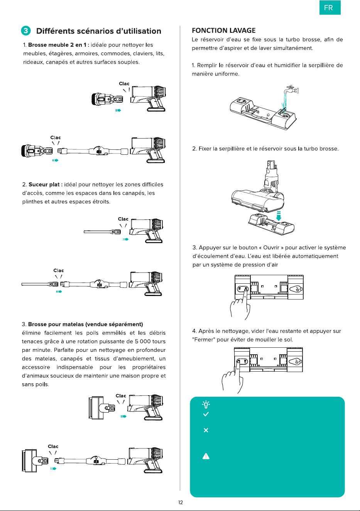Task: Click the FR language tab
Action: tap(330, 8)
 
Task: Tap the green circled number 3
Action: tap(26, 30)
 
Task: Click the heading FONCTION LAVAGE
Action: tap(223, 30)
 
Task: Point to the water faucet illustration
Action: tap(291, 90)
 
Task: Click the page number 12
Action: tap(181, 503)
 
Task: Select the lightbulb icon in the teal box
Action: tap(206, 404)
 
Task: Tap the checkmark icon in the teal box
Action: tap(206, 414)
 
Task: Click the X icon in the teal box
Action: tap(206, 430)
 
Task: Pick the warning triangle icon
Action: tap(206, 456)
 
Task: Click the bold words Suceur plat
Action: tap(44, 184)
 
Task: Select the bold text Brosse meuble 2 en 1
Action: tap(57, 45)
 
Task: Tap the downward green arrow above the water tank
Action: tap(279, 216)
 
